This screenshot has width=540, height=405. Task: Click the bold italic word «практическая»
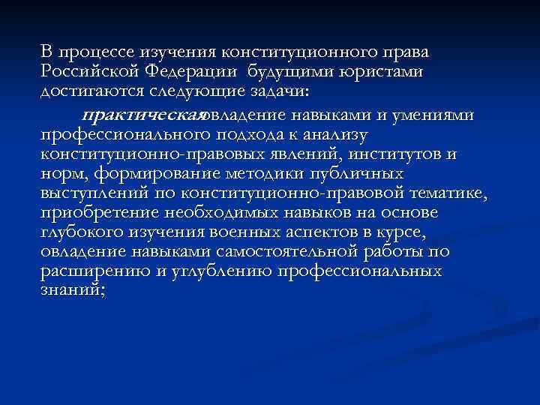[x=142, y=115]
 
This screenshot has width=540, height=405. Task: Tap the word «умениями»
[x=435, y=115]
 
